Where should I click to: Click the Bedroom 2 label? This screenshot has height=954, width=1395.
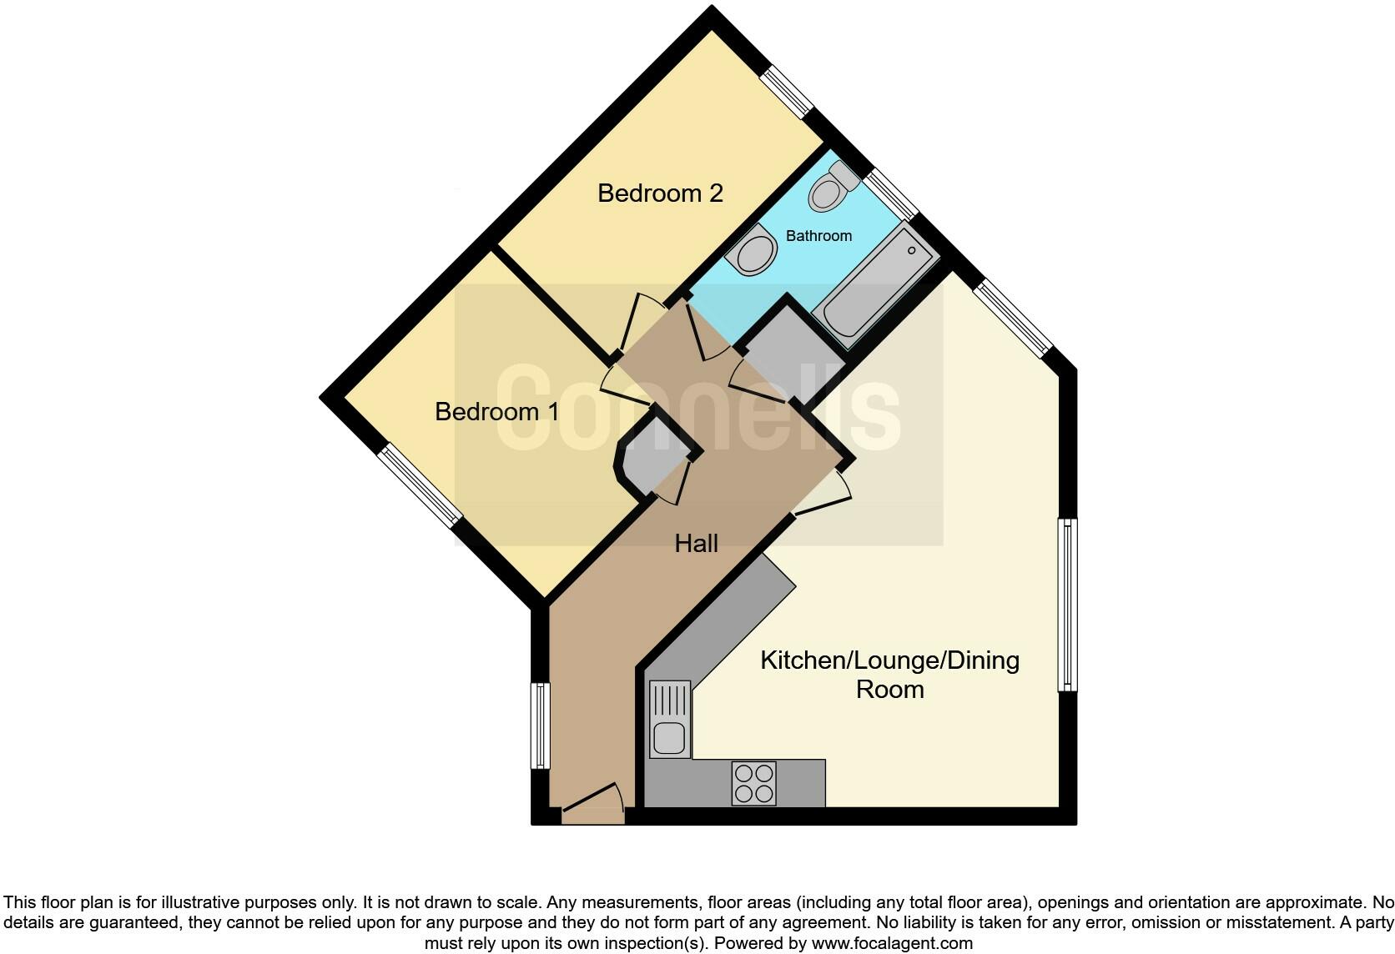coord(660,193)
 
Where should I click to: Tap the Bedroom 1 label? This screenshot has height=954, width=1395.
coord(497,412)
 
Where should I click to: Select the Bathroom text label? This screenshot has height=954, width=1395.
coord(818,236)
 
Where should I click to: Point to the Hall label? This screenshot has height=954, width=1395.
coord(696,544)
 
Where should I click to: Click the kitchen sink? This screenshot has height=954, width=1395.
coord(670,719)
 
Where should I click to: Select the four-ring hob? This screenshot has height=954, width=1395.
coord(753,783)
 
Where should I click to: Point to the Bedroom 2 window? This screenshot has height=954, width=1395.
coord(787,92)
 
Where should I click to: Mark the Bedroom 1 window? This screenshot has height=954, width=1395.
coord(420,485)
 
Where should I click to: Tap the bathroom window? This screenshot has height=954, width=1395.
coord(890,194)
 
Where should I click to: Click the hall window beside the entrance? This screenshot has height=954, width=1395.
coord(541,726)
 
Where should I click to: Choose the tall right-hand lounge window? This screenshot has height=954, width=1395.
coord(1067,605)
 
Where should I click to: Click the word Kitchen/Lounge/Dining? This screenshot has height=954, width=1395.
coord(889,660)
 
